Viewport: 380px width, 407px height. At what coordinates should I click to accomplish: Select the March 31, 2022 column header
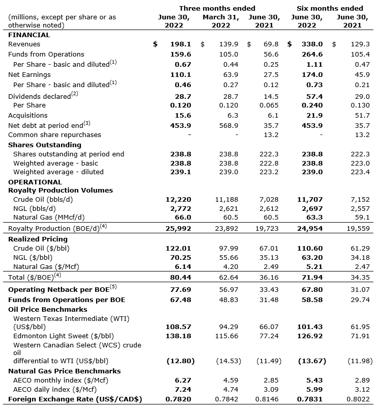[x=220, y=21]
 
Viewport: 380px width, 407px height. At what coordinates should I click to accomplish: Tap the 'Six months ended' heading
[x=330, y=8]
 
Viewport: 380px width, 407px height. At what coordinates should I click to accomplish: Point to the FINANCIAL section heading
[x=29, y=35]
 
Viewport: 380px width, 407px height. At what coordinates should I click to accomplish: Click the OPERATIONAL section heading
[x=35, y=182]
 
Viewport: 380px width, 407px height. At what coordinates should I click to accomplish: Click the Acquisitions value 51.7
[x=361, y=116]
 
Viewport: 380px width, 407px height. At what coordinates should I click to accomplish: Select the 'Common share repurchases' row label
[x=54, y=134]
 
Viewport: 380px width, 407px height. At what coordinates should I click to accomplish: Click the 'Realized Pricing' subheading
[x=38, y=239]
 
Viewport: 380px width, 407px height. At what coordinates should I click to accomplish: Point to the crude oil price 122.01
[x=181, y=248]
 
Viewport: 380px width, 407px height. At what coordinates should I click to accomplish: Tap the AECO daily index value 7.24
[x=185, y=389]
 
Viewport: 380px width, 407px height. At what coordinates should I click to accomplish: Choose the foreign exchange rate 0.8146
[x=268, y=399]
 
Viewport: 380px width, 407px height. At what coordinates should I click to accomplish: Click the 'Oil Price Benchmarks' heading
[x=48, y=309]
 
